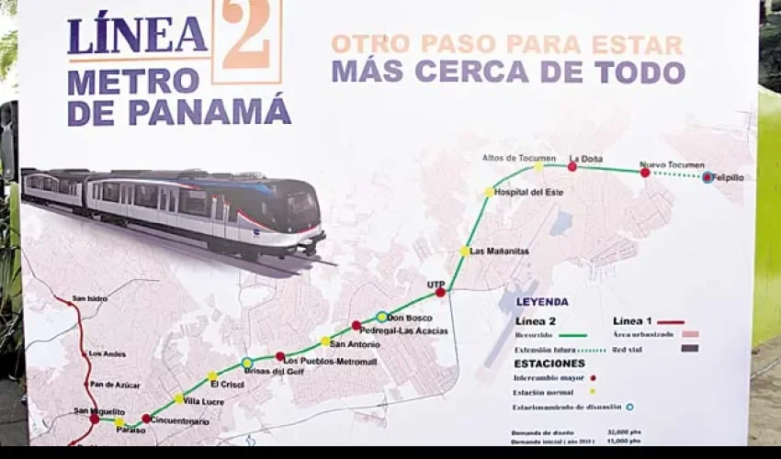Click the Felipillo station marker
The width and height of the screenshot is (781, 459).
707,177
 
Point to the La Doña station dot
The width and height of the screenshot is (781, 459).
572,166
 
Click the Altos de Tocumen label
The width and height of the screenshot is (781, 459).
519,158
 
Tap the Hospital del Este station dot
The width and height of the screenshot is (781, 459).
489,192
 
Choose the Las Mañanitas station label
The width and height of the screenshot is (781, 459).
496,251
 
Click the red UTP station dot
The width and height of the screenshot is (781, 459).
440,292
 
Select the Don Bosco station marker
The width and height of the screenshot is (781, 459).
381,317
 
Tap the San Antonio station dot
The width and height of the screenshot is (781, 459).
325,341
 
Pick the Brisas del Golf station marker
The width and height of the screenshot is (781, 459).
247,364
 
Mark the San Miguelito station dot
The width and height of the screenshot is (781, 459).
94,419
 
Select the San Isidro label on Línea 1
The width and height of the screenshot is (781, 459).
90,298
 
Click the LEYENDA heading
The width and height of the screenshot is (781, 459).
541,301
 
